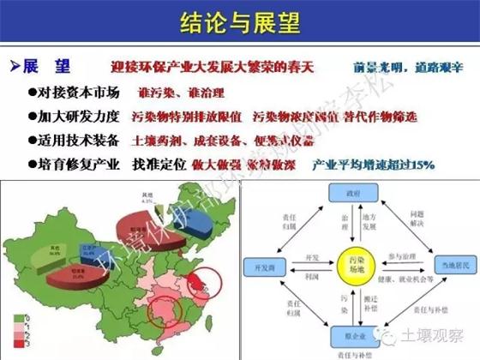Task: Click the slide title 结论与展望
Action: pos(240,21)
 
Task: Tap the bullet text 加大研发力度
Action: pos(74,115)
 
